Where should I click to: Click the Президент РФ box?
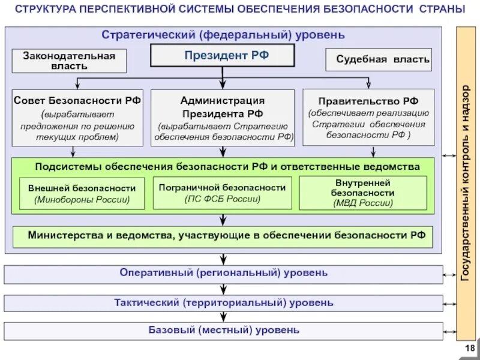tap(222, 56)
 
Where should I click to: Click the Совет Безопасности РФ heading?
tap(77, 101)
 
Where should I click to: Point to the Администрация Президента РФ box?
tap(222, 118)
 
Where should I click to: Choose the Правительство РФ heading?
tap(368, 101)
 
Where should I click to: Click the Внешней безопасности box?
tap(82, 193)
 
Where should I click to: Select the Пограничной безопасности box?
tap(222, 193)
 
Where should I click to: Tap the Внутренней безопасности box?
tap(362, 193)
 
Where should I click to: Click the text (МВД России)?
tap(362, 203)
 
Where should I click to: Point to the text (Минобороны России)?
tap(82, 199)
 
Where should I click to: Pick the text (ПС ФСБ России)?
tap(222, 199)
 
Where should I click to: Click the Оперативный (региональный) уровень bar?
tap(223, 274)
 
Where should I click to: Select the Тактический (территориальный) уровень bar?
tap(223, 302)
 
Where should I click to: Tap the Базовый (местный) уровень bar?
tap(223, 330)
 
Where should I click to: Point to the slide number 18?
tap(469, 349)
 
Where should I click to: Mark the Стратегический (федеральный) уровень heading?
tap(223, 35)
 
